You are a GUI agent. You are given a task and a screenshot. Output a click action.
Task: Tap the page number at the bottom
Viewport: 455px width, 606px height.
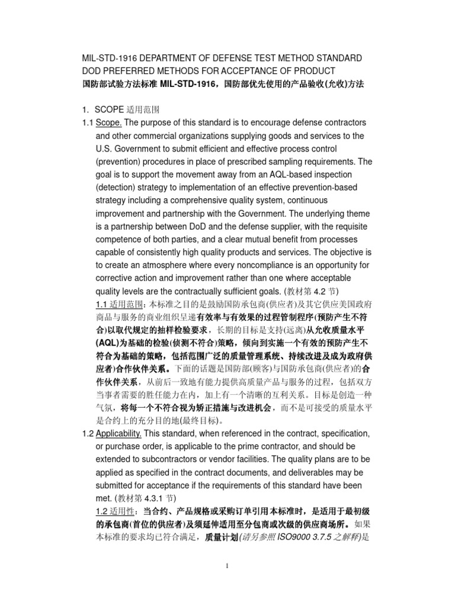pyautogui.click(x=227, y=583)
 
